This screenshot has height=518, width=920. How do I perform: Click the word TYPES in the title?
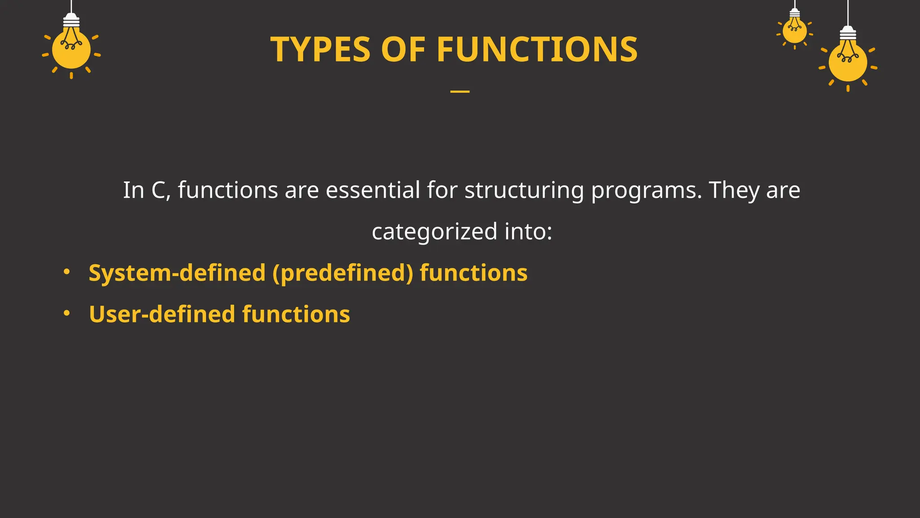[320, 49]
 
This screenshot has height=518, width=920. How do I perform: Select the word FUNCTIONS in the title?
[537, 49]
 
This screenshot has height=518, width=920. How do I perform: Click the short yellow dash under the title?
[460, 92]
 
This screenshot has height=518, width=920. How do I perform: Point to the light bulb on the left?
[71, 49]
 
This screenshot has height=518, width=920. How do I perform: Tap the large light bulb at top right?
[848, 62]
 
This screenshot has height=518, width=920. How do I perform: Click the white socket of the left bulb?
[71, 20]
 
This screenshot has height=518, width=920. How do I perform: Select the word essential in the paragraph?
[373, 190]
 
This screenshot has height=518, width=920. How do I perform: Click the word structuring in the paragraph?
[524, 191]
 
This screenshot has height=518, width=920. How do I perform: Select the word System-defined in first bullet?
[177, 273]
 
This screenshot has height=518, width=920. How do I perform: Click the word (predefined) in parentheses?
[343, 273]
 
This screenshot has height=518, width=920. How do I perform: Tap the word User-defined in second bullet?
[162, 314]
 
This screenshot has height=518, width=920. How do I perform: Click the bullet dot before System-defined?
[66, 272]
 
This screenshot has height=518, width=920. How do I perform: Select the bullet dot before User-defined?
[66, 313]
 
